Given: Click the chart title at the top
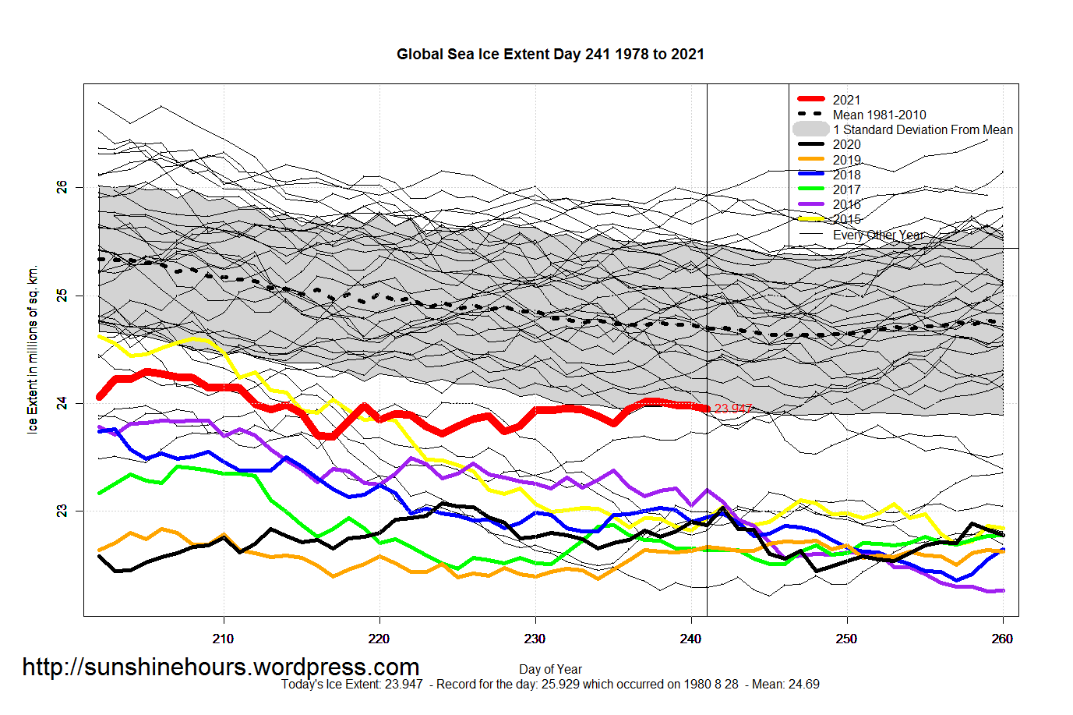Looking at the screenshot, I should click(550, 55).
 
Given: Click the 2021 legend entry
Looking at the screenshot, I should click(846, 100).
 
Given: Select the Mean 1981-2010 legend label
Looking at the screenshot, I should click(879, 115).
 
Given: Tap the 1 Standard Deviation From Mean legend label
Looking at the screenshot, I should click(923, 129).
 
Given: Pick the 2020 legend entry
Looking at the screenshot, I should click(846, 144).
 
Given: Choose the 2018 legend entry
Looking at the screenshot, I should click(846, 175).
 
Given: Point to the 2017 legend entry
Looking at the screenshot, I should click(846, 189).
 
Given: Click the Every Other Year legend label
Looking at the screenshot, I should click(878, 235).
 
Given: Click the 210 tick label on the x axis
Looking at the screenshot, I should click(223, 639).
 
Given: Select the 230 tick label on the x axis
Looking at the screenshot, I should click(535, 639).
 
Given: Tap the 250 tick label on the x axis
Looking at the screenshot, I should click(846, 639).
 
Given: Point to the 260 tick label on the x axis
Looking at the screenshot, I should click(1002, 639).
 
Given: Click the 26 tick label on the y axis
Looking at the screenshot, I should click(62, 187).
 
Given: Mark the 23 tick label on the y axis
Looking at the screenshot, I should click(62, 511).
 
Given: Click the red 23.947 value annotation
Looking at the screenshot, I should click(733, 409).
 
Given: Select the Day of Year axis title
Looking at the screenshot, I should click(550, 669).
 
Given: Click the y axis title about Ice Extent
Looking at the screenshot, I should click(33, 349).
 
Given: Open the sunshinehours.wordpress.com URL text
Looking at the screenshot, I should click(221, 667).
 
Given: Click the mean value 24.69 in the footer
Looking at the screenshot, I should click(804, 685).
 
